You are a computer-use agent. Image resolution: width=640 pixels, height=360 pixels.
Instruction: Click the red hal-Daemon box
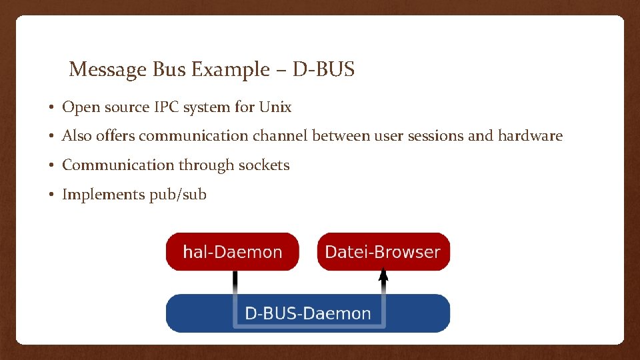click(x=232, y=252)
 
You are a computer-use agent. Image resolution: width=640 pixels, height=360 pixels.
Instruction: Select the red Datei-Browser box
click(x=383, y=252)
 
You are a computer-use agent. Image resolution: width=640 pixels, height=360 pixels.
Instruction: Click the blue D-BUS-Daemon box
click(x=307, y=313)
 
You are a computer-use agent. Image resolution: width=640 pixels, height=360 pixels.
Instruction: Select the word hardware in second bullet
click(x=529, y=136)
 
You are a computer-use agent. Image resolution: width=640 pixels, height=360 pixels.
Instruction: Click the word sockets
click(x=265, y=165)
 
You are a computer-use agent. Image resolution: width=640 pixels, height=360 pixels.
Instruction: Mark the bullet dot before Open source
click(x=51, y=107)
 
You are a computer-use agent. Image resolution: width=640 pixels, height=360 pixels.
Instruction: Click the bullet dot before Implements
click(x=51, y=195)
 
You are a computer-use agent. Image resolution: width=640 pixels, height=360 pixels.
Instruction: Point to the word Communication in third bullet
click(x=117, y=165)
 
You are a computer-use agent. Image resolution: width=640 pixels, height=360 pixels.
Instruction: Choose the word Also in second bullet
click(x=77, y=136)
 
